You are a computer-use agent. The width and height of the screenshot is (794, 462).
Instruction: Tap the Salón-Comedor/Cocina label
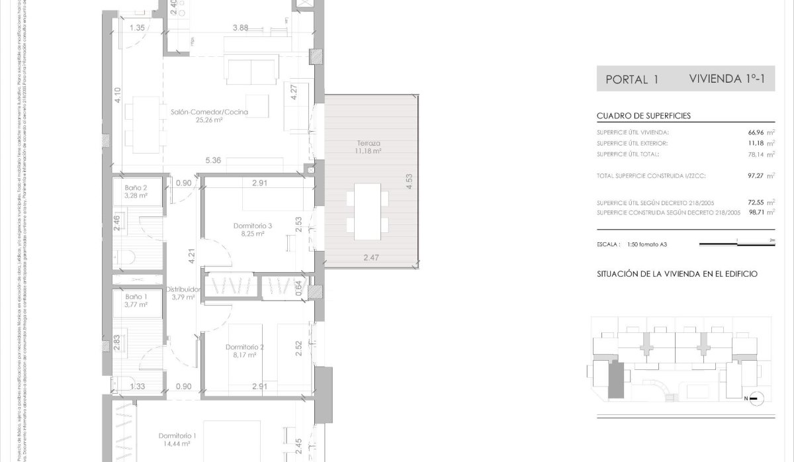[209, 113]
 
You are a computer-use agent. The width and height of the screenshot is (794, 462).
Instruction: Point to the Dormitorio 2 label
[244, 347]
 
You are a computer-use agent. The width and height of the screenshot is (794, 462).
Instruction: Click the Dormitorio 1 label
[177, 436]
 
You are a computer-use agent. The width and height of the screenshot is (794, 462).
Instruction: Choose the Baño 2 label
[136, 188]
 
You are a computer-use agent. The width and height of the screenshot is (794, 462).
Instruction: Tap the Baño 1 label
[136, 297]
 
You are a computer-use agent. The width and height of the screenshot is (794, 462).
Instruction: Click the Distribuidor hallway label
[183, 289]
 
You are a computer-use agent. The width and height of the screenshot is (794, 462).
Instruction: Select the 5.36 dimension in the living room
[213, 160]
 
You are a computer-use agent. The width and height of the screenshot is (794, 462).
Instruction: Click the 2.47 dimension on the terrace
[371, 257]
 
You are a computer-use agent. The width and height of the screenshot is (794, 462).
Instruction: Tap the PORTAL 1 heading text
[631, 80]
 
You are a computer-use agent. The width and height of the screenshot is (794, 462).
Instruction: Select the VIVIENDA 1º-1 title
[727, 79]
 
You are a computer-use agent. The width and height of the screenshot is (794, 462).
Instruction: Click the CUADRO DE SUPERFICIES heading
[643, 115]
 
